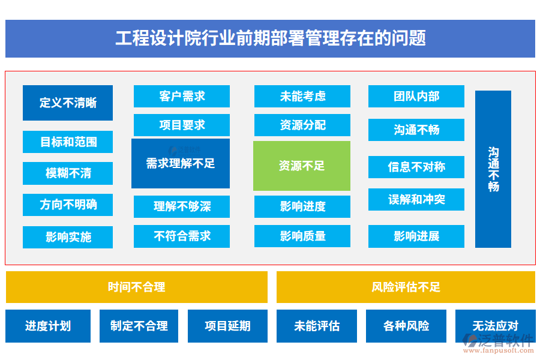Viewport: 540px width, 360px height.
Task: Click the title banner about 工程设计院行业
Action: (x=270, y=38)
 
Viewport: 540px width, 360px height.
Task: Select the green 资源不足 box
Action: (x=302, y=166)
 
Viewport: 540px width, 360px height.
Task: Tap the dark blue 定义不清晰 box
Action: (x=68, y=103)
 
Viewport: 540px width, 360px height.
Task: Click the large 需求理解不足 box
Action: (x=181, y=163)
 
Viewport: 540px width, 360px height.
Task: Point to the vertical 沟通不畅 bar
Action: (x=493, y=169)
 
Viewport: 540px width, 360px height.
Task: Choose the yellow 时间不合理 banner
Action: (x=137, y=287)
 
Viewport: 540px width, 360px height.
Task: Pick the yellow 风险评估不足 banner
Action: (x=406, y=287)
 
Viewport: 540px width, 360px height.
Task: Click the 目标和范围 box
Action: (x=68, y=142)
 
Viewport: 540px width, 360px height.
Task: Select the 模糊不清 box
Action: (x=68, y=173)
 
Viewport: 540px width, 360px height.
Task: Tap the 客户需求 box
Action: (x=182, y=96)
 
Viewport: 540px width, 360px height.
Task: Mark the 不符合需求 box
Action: (x=182, y=236)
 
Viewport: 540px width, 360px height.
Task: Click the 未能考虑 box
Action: (x=302, y=96)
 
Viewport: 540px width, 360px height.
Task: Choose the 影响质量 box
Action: (x=302, y=236)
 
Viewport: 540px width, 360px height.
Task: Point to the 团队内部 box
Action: (x=416, y=96)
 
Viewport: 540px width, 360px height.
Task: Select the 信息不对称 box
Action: (x=416, y=167)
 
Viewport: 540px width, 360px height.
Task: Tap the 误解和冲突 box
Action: (x=416, y=199)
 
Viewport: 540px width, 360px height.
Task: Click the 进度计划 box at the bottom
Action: (x=48, y=326)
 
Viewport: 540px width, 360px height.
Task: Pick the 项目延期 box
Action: (x=227, y=326)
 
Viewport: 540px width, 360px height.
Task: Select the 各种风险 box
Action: (x=406, y=326)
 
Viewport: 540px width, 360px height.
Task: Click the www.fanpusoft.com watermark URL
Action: (x=499, y=350)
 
